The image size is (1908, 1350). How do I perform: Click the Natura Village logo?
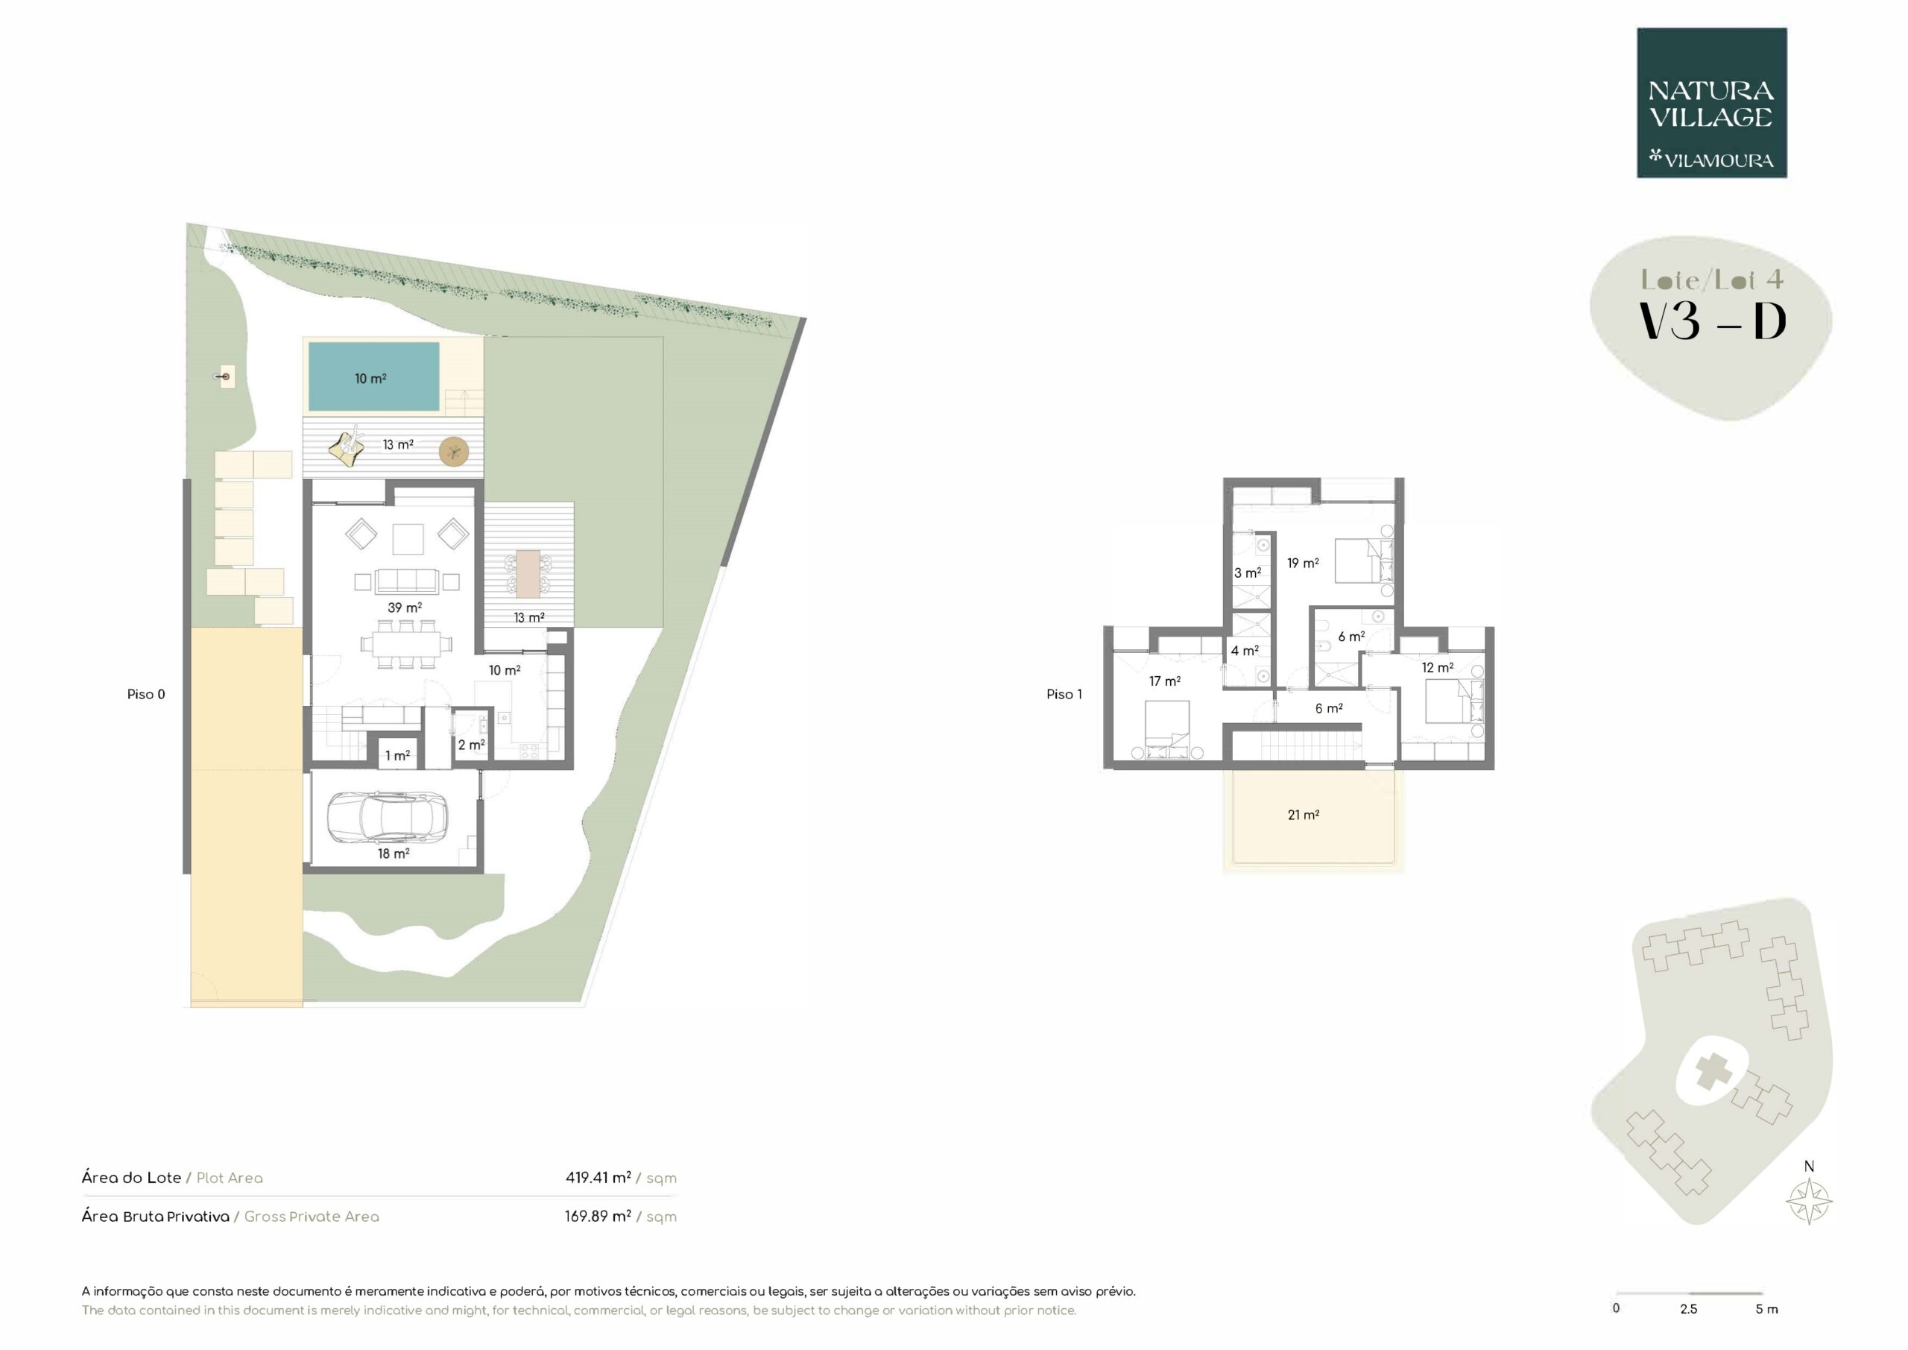tap(1712, 103)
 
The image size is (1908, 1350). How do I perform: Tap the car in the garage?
tap(388, 817)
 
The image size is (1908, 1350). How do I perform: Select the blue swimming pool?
tap(374, 376)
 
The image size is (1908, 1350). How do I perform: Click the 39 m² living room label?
tap(405, 608)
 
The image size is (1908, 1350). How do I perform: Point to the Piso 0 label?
tap(146, 694)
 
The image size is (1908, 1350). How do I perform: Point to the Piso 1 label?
tap(1064, 694)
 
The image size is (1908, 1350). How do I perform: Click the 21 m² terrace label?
tap(1303, 815)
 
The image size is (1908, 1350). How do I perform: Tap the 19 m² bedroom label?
tap(1303, 563)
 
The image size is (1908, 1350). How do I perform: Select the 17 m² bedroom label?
tap(1165, 681)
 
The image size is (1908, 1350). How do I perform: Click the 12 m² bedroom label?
tap(1438, 667)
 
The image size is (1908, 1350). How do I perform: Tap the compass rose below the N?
tap(1809, 1201)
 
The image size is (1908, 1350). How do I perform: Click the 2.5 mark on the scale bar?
tap(1689, 1308)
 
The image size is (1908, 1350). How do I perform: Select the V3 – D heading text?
tap(1712, 322)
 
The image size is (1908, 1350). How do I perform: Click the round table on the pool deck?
tap(454, 452)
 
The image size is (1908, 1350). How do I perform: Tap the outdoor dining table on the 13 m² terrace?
tap(528, 573)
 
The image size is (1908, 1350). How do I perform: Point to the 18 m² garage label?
tap(394, 853)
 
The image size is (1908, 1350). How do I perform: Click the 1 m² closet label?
tap(397, 756)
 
